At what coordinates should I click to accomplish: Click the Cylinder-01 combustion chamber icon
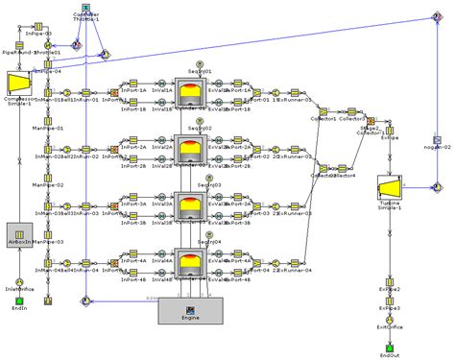[x=192, y=92]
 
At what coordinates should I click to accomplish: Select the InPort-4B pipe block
[x=134, y=271]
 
